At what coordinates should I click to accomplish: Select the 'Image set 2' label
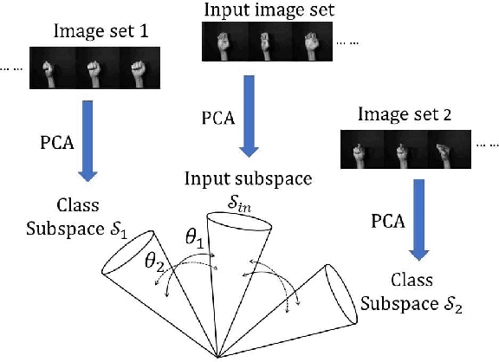[x=398, y=113]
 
